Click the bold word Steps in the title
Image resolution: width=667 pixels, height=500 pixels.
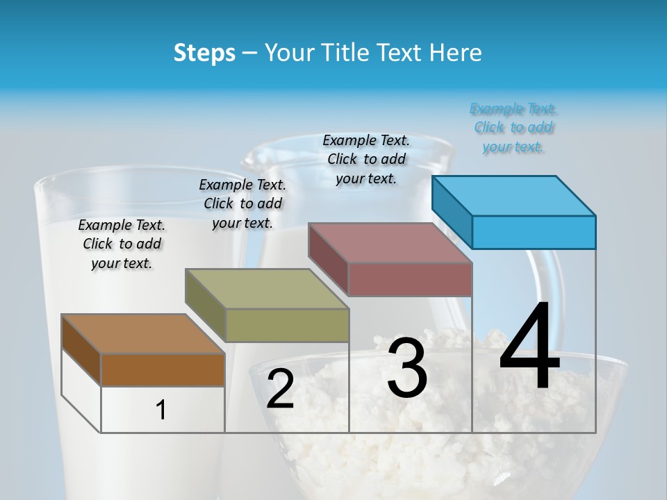coord(204,53)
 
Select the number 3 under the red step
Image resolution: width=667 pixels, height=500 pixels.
coord(407,369)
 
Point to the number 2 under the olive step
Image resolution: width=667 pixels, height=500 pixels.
coord(280,389)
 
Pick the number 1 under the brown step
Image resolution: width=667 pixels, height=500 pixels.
coord(161,410)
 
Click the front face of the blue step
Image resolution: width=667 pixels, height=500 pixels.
coord(534,232)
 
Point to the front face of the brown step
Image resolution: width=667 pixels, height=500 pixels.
coord(163,369)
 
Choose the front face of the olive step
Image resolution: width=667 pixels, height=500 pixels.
coord(287,325)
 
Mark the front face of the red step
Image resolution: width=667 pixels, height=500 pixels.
coord(410,279)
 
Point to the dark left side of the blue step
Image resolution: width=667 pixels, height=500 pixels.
coord(452,212)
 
